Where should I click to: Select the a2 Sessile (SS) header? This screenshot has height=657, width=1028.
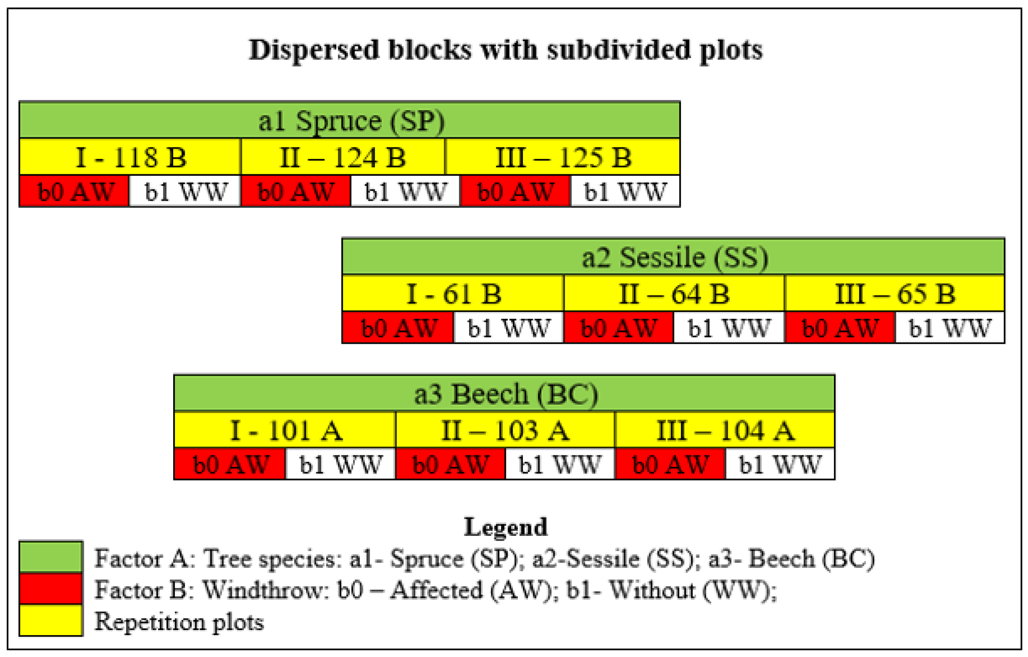673,257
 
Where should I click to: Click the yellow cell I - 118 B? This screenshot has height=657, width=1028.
130,157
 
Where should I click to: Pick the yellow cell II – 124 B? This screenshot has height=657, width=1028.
343,157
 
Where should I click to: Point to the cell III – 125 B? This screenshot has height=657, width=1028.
563,157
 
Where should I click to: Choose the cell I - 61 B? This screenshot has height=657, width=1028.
453,293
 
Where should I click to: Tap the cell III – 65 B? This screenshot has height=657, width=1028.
894,293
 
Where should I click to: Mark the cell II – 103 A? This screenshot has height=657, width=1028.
505,430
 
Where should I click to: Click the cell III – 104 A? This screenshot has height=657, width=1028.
724,430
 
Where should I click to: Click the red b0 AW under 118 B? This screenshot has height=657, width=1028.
75,191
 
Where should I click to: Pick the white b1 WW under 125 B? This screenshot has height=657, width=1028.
625,191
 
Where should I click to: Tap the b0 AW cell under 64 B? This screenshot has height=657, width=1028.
619,328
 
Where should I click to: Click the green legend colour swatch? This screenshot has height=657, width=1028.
51,557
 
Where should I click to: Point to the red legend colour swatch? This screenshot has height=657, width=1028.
51,588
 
